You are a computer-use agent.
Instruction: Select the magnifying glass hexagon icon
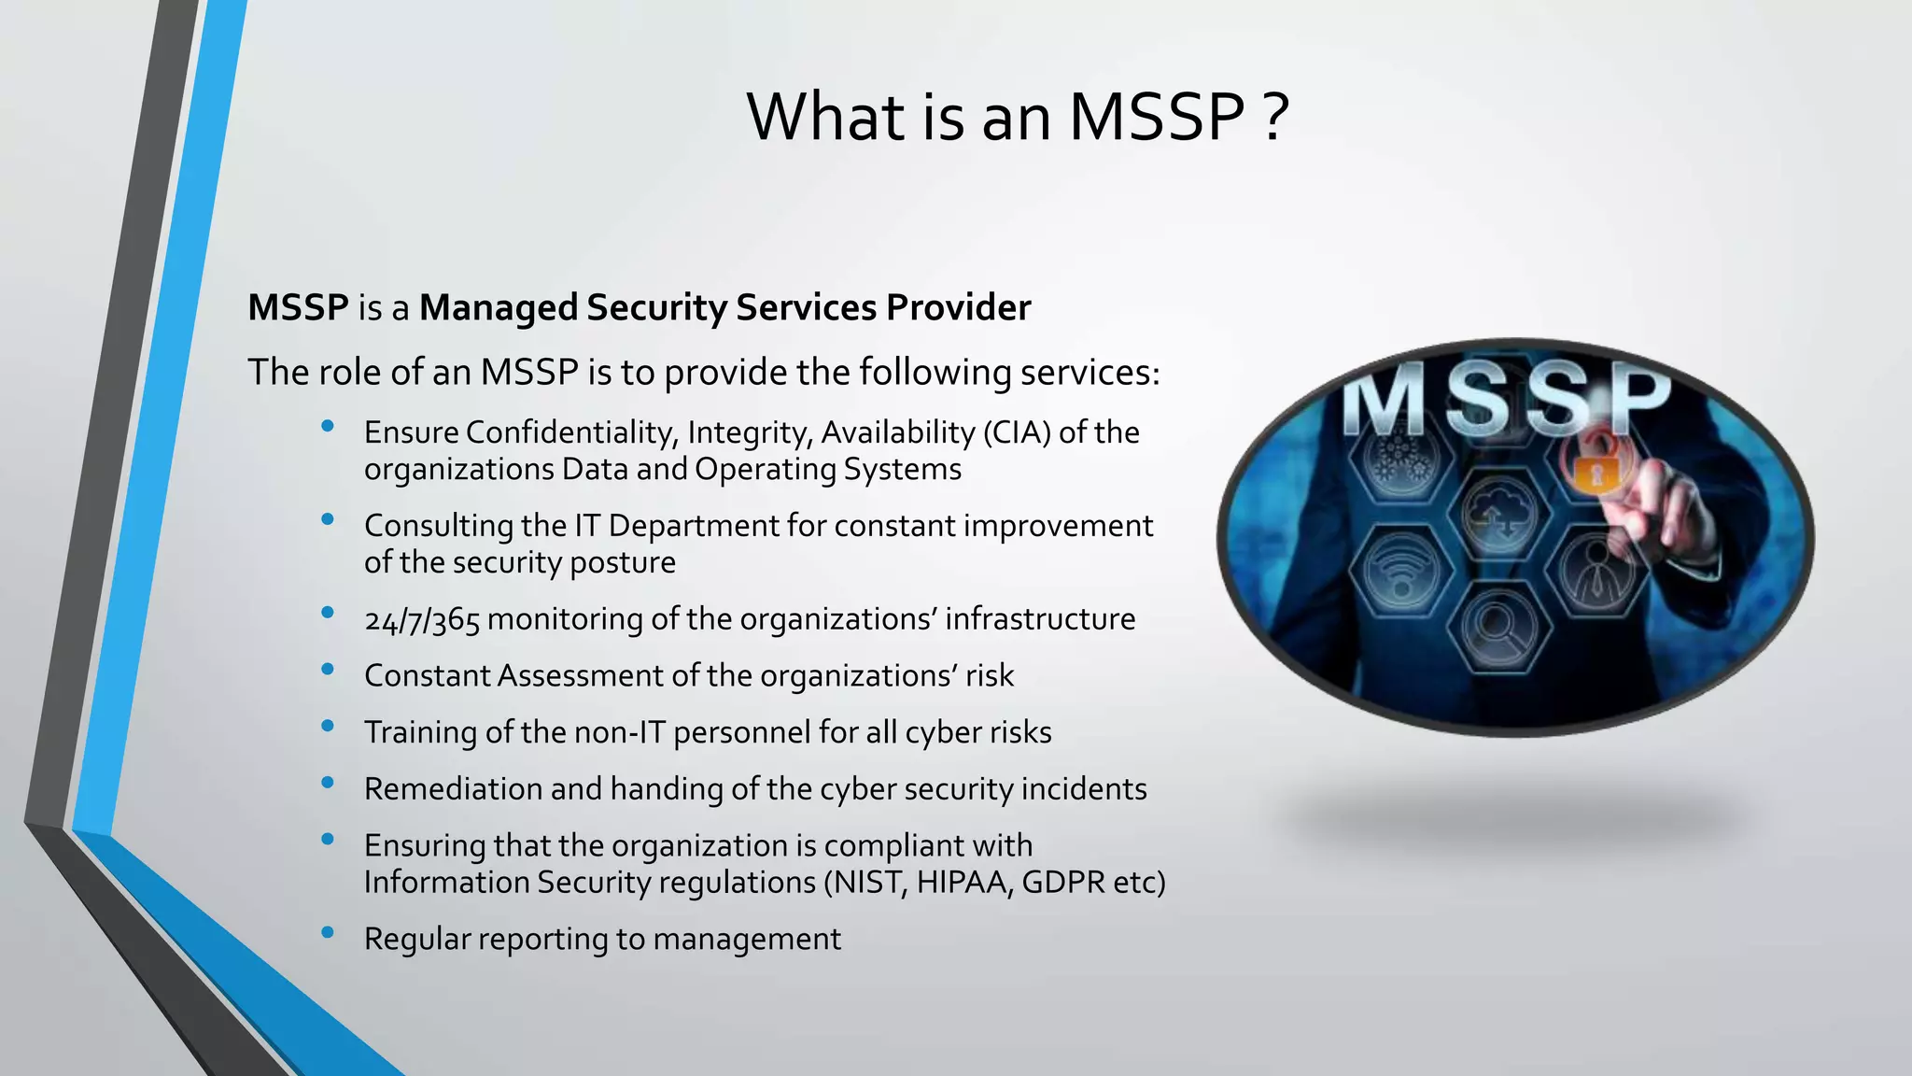pyautogui.click(x=1497, y=629)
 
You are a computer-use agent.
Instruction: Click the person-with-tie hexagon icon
pyautogui.click(x=1596, y=570)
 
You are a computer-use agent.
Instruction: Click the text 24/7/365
pyautogui.click(x=422, y=620)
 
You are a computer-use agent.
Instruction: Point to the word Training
pyautogui.click(x=420, y=733)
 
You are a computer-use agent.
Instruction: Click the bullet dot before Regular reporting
pyautogui.click(x=327, y=932)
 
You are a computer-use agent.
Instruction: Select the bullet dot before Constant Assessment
pyautogui.click(x=327, y=669)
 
